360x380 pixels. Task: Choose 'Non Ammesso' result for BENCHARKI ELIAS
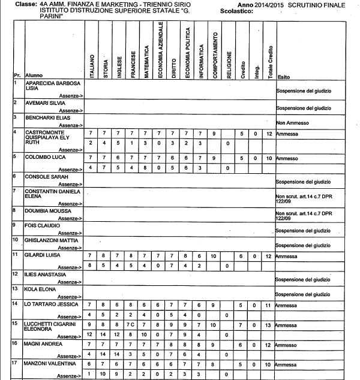tap(292, 122)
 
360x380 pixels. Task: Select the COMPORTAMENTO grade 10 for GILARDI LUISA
tap(214, 255)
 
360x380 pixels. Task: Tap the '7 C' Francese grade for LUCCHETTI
tap(133, 324)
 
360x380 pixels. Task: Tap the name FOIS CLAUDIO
tap(43, 226)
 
